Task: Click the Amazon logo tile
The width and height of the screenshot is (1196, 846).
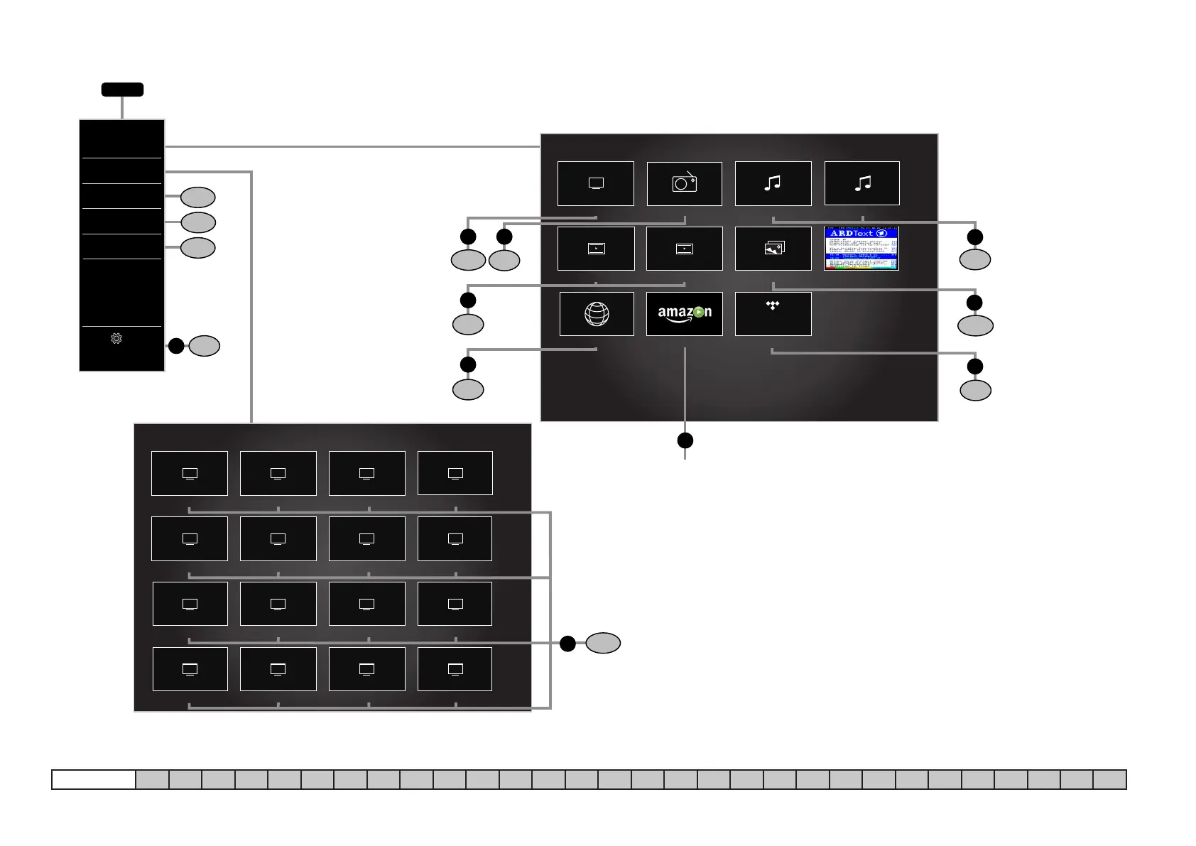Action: [684, 313]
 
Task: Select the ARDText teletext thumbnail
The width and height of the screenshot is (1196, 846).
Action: [861, 249]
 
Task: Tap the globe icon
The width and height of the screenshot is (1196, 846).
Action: [597, 314]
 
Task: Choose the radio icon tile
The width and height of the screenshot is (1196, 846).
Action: [684, 183]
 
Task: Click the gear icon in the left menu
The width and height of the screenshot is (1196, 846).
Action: [116, 339]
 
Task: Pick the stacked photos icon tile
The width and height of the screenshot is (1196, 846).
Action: [773, 249]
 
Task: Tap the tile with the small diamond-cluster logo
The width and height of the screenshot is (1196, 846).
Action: [773, 313]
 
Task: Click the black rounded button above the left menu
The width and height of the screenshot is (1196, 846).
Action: [122, 90]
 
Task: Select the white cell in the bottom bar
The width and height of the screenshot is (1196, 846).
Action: [94, 779]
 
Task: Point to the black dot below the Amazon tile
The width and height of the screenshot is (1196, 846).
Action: [685, 440]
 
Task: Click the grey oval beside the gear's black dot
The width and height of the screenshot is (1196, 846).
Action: [205, 346]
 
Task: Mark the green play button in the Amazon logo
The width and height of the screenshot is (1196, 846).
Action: [699, 312]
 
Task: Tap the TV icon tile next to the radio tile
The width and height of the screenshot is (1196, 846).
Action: [596, 183]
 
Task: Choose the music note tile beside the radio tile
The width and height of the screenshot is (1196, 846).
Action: [773, 183]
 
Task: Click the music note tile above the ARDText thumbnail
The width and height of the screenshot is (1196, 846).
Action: [861, 183]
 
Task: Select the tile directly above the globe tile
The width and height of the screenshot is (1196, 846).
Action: [596, 249]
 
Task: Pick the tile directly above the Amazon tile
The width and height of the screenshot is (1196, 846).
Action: [684, 249]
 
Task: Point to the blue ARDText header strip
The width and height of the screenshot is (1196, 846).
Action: [861, 233]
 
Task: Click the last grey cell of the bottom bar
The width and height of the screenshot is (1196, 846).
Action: [1109, 779]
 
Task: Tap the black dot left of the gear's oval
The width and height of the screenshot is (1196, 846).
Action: [176, 346]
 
